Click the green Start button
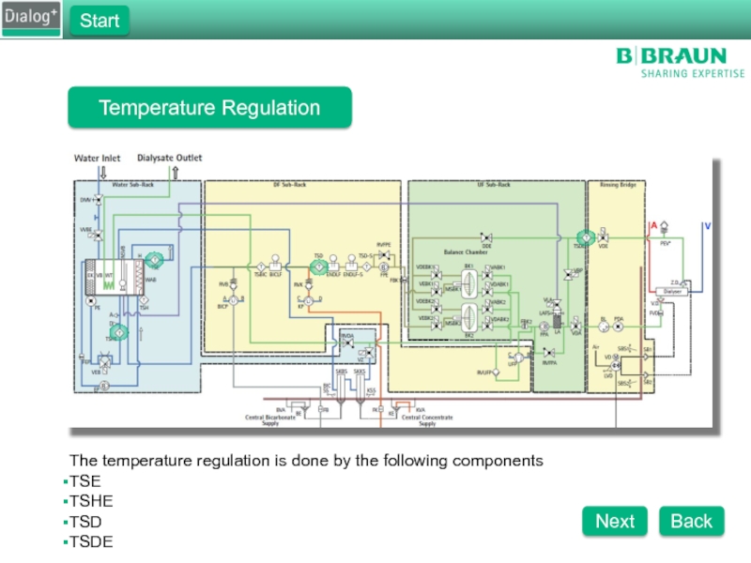click(100, 21)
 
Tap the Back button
click(691, 521)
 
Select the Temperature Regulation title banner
click(209, 108)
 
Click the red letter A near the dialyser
click(653, 226)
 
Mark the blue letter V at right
click(707, 226)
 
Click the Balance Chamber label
click(467, 252)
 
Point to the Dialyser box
click(673, 292)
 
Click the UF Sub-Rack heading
click(494, 185)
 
